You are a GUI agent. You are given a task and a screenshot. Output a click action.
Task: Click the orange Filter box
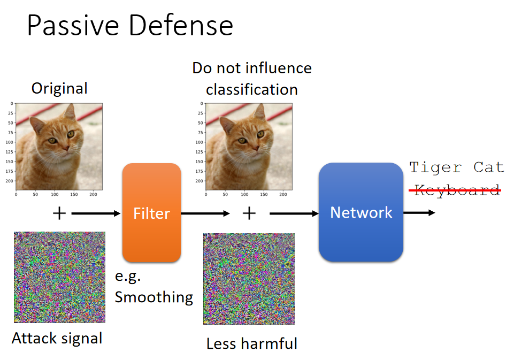(151, 213)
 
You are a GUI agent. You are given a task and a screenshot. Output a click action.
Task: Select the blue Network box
(361, 212)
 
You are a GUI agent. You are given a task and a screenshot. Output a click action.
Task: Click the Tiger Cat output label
(456, 167)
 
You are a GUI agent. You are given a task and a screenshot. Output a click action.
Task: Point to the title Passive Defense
(130, 25)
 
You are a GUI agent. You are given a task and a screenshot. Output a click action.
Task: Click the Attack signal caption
(57, 339)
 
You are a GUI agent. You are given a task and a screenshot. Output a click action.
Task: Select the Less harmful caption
(252, 343)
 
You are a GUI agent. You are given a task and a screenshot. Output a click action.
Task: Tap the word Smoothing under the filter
(154, 297)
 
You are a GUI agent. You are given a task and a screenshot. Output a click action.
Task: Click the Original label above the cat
(59, 88)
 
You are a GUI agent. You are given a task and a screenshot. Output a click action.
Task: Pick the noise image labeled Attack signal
(59, 277)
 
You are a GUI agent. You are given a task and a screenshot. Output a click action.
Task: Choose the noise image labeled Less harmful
(249, 279)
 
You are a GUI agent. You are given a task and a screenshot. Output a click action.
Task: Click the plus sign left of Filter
(59, 213)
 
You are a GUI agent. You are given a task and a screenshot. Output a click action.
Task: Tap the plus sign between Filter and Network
(249, 213)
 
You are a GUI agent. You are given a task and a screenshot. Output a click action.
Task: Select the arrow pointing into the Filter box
(96, 213)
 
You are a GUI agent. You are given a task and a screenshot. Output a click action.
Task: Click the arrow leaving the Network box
(419, 213)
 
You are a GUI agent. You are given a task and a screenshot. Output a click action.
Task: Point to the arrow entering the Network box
(294, 213)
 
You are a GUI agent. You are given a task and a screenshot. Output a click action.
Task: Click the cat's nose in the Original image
(67, 148)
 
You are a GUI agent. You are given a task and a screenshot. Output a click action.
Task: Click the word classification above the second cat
(252, 89)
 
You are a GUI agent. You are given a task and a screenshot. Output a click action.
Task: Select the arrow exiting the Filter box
(205, 213)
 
